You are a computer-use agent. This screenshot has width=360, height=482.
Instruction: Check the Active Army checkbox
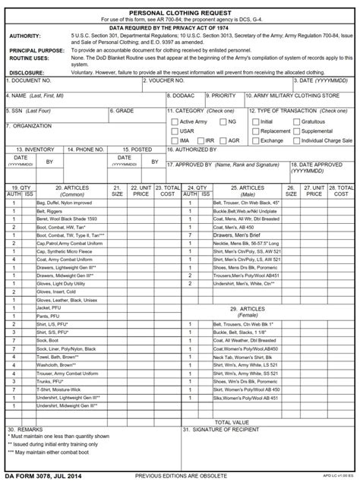click(174, 121)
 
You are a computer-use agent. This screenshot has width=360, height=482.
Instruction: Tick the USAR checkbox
click(174, 131)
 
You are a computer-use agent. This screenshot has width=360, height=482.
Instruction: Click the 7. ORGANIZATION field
click(84, 133)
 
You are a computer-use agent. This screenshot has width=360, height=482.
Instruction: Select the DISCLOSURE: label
click(26, 72)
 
